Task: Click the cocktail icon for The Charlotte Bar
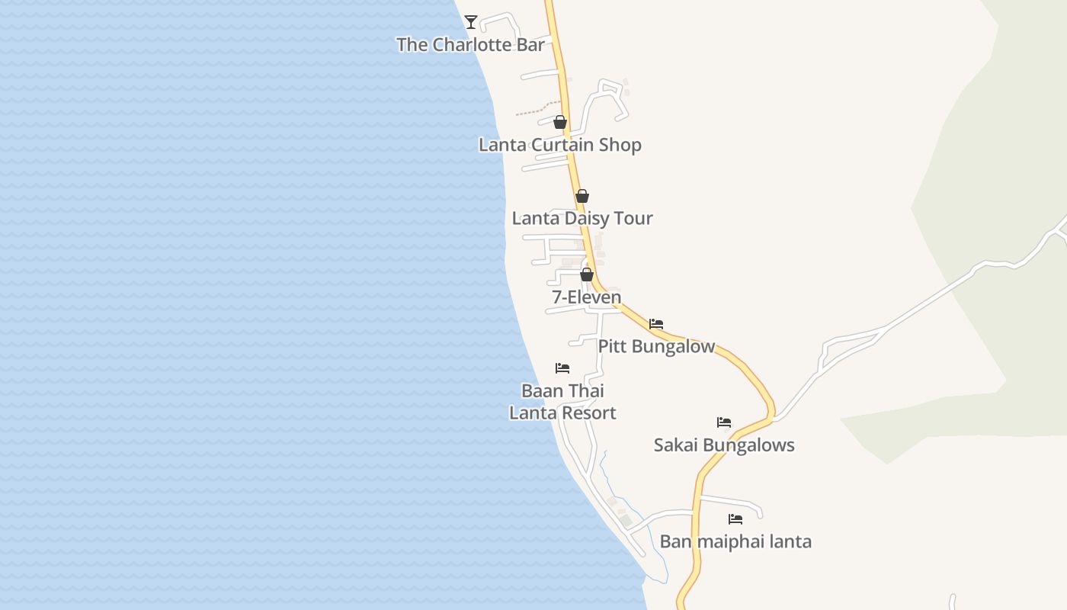tap(471, 22)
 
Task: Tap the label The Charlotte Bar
tap(470, 45)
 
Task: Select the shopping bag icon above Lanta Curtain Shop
tap(560, 122)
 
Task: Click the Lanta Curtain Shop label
tap(559, 145)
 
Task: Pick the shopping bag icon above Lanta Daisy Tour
tap(582, 196)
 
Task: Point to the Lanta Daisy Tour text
tap(582, 219)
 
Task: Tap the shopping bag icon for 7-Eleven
tap(587, 274)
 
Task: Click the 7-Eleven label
tap(586, 297)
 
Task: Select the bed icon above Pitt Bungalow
tap(656, 324)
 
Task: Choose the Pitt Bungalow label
tap(656, 347)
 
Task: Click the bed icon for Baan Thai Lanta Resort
tap(562, 368)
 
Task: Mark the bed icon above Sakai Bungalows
tap(724, 422)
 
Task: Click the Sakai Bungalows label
tap(724, 445)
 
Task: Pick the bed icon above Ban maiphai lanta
tap(735, 519)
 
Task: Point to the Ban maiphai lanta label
tap(735, 542)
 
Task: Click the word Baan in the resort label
tap(541, 391)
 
